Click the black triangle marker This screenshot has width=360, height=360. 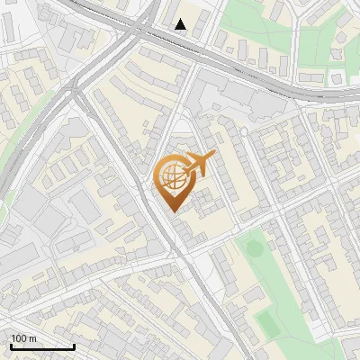coord(181,24)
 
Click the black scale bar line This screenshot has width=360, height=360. coord(41,346)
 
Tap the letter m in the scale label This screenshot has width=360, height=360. coord(32,338)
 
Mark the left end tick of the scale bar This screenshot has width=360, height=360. coord(10,345)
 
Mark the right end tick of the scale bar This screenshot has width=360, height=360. coord(74,345)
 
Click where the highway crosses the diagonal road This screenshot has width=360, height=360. coord(137,31)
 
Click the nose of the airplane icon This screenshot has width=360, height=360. coord(214,156)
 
